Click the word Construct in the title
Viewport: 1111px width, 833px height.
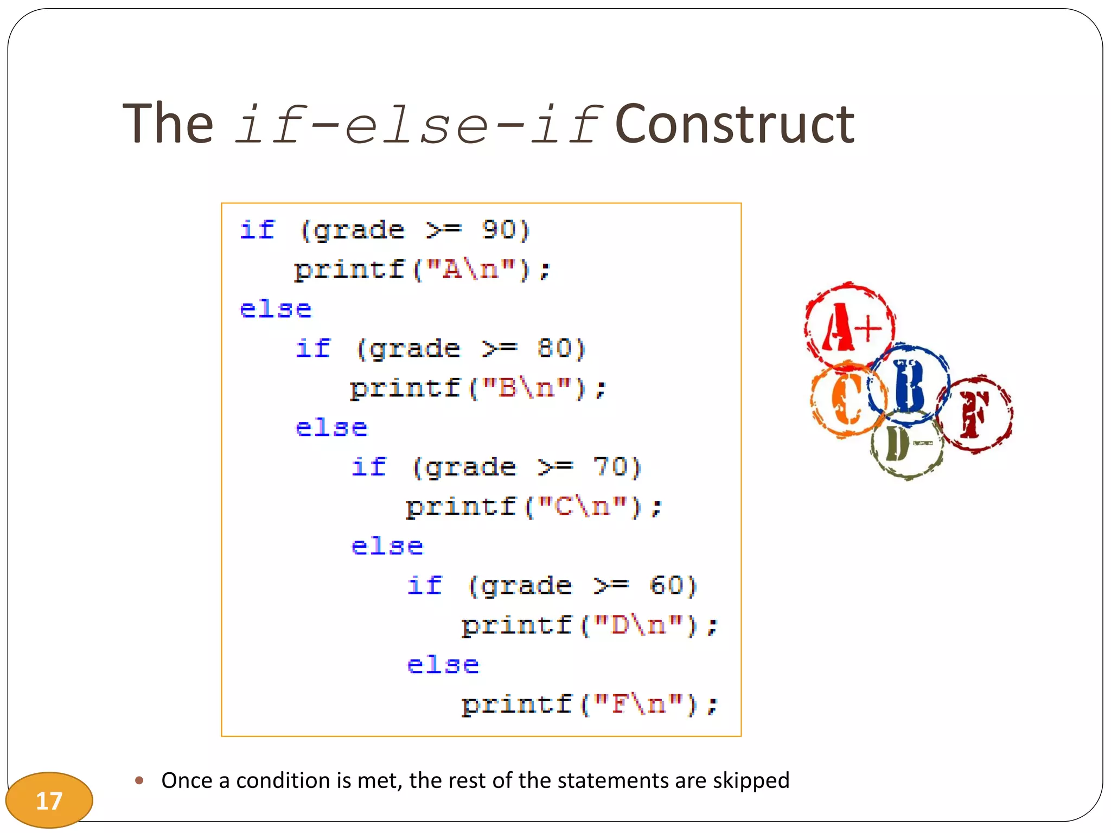(x=735, y=125)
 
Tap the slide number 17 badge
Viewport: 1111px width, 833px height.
(x=49, y=800)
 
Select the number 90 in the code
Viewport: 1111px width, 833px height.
(x=499, y=230)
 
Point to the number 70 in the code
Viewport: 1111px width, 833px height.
(x=610, y=467)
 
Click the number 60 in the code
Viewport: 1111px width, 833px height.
(x=666, y=586)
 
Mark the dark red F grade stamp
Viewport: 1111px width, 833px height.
(x=975, y=414)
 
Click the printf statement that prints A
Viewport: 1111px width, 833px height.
(x=422, y=270)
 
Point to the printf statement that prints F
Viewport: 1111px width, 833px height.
(x=590, y=705)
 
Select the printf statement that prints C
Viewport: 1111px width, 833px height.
(x=534, y=507)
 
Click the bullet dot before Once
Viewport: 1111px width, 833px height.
(x=139, y=780)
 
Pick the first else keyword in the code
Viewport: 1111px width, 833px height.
(x=276, y=309)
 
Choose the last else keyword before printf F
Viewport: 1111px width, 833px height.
(x=443, y=665)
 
